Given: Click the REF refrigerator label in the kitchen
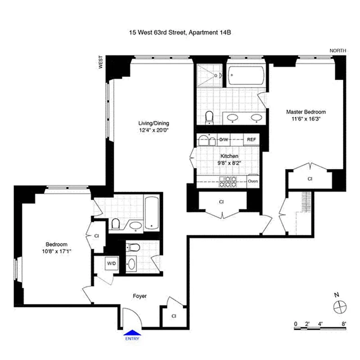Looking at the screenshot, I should (252, 139).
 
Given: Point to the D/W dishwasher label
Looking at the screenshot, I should (223, 139).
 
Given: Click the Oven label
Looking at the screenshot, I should (252, 181).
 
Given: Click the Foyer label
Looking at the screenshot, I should (139, 296).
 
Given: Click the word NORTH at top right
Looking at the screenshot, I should (338, 51).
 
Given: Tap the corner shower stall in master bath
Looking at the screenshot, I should (209, 74).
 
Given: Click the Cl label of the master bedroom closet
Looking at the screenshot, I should (310, 179).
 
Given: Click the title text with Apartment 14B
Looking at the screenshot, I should (180, 32).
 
